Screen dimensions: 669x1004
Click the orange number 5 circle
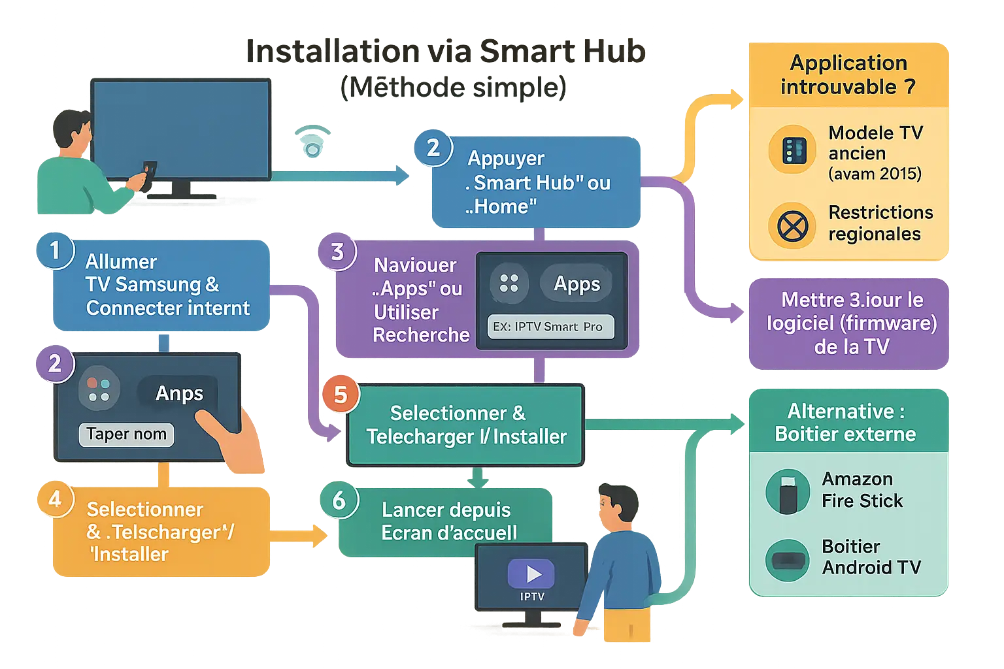click(x=340, y=395)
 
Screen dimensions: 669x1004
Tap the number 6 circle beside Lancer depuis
click(x=339, y=500)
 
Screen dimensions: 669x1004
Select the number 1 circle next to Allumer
click(x=55, y=250)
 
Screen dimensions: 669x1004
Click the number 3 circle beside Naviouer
click(x=337, y=252)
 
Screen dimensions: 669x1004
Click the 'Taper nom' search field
click(x=126, y=434)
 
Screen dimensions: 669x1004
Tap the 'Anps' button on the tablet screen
click(x=178, y=393)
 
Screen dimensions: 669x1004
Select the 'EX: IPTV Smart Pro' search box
click(x=550, y=327)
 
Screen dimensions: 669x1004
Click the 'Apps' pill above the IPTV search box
click(x=576, y=284)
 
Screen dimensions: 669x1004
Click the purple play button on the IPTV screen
click(x=531, y=574)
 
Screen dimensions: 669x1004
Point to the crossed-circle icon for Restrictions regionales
click(x=792, y=227)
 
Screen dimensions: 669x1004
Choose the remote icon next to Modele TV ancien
click(x=792, y=150)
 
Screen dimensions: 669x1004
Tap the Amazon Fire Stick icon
click(x=788, y=491)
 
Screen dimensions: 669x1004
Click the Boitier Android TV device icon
click(x=788, y=560)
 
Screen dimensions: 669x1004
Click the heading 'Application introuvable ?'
click(x=848, y=74)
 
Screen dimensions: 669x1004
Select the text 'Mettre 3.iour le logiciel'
click(x=852, y=312)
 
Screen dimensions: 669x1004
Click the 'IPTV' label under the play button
click(x=532, y=596)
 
